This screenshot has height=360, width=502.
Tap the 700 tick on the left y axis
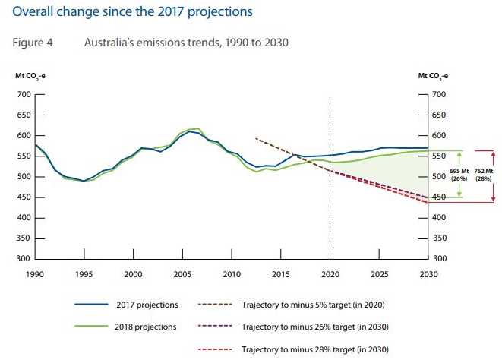22,95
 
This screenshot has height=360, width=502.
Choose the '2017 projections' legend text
150,305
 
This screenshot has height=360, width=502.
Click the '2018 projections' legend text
150,327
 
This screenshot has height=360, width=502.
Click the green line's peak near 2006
197,128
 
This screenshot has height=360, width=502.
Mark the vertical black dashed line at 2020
330,228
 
